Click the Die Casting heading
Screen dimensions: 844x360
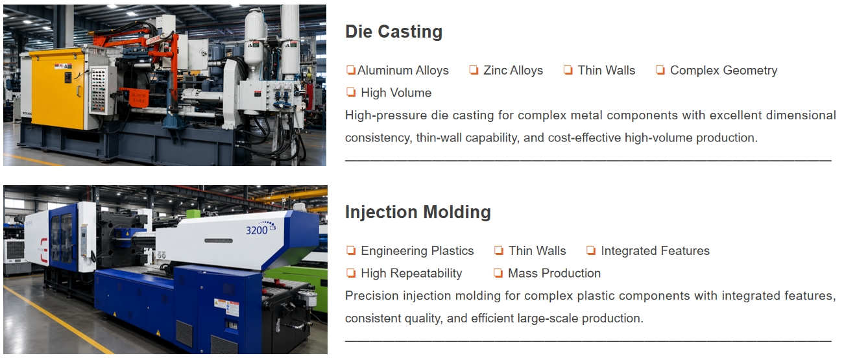[394, 32]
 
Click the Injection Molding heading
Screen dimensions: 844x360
[418, 212]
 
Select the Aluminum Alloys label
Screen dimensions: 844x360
[403, 71]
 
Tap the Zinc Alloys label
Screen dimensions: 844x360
[513, 71]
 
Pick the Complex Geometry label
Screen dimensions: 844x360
[723, 71]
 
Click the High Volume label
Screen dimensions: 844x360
[396, 93]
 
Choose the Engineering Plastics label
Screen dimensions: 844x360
[417, 251]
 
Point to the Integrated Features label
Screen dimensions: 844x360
[655, 251]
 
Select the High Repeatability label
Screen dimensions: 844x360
[411, 273]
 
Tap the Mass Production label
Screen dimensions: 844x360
[554, 273]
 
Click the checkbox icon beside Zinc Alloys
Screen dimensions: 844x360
[474, 70]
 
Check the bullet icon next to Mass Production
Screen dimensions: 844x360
[498, 272]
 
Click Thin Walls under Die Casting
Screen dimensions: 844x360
[607, 71]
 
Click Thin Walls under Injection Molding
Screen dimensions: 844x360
[537, 251]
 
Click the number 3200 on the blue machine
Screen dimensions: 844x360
[257, 230]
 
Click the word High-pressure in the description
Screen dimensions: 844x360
[386, 115]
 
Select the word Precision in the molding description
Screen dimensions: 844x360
[372, 296]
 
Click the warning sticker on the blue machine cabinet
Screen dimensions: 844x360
[226, 308]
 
